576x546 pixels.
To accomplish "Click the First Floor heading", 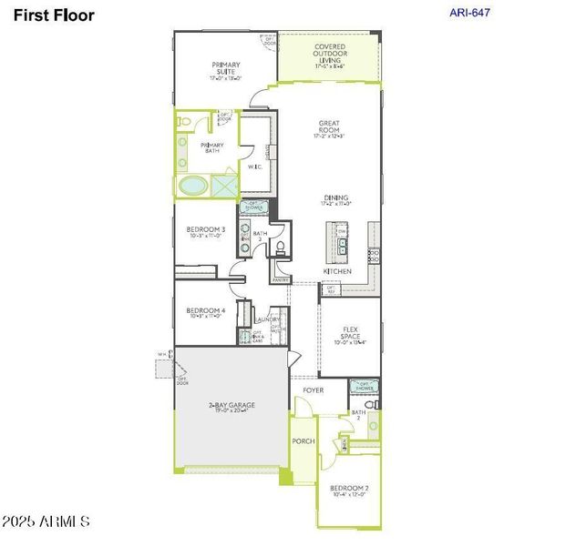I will [54, 15].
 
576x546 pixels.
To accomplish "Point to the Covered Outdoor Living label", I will [331, 54].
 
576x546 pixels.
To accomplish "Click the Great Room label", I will [328, 126].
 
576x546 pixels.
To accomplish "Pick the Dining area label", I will [336, 199].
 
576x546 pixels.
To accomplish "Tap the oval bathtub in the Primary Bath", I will [192, 186].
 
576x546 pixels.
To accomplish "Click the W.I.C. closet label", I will [256, 167].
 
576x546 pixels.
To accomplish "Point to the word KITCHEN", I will [337, 272].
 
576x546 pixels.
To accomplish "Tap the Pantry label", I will [280, 280].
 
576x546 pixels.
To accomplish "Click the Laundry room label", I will [267, 319].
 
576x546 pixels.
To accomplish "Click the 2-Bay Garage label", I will [230, 406].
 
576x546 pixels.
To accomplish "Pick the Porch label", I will [303, 441].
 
